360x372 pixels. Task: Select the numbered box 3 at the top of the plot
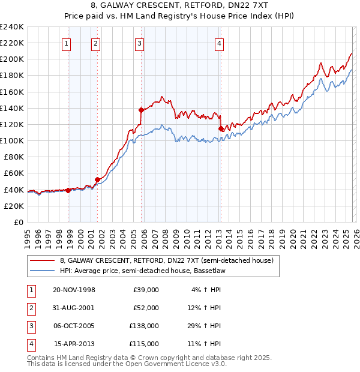coord(139,43)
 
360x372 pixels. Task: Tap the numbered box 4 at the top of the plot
coord(220,43)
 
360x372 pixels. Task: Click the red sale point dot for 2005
coord(141,110)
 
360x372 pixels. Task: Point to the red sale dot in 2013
coord(221,128)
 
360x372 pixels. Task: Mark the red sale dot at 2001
coord(97,179)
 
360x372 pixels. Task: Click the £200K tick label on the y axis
coord(12,59)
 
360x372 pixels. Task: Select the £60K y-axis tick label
coord(14,173)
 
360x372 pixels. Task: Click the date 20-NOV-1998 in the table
coord(74,290)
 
